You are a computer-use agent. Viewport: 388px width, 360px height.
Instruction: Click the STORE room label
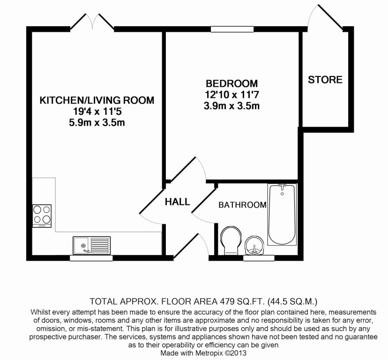click(x=325, y=80)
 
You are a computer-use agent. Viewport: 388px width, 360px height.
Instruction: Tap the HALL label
click(x=177, y=202)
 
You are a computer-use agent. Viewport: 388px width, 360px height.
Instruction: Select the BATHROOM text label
click(x=242, y=205)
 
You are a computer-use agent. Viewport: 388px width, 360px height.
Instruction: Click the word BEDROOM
click(x=231, y=83)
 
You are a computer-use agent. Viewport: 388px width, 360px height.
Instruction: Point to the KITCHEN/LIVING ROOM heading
click(x=97, y=100)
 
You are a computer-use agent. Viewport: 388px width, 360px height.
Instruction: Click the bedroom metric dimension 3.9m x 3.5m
click(x=231, y=106)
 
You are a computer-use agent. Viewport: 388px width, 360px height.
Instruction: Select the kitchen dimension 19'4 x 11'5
click(x=97, y=112)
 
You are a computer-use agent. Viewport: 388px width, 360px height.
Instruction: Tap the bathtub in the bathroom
click(x=282, y=214)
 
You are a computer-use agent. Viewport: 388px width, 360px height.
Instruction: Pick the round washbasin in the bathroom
click(x=254, y=245)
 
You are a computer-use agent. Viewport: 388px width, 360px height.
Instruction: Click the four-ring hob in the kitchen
click(x=42, y=216)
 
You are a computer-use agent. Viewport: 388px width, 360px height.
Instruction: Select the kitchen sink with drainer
click(x=91, y=245)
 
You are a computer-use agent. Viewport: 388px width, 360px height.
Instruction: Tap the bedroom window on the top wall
click(x=232, y=29)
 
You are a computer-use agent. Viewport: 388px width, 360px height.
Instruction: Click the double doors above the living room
click(x=92, y=22)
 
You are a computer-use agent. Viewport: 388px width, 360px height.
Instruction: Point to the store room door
click(x=326, y=17)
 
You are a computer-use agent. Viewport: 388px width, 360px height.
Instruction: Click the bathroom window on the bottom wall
click(x=259, y=258)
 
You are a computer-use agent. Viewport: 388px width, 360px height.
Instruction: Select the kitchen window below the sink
click(x=91, y=258)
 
